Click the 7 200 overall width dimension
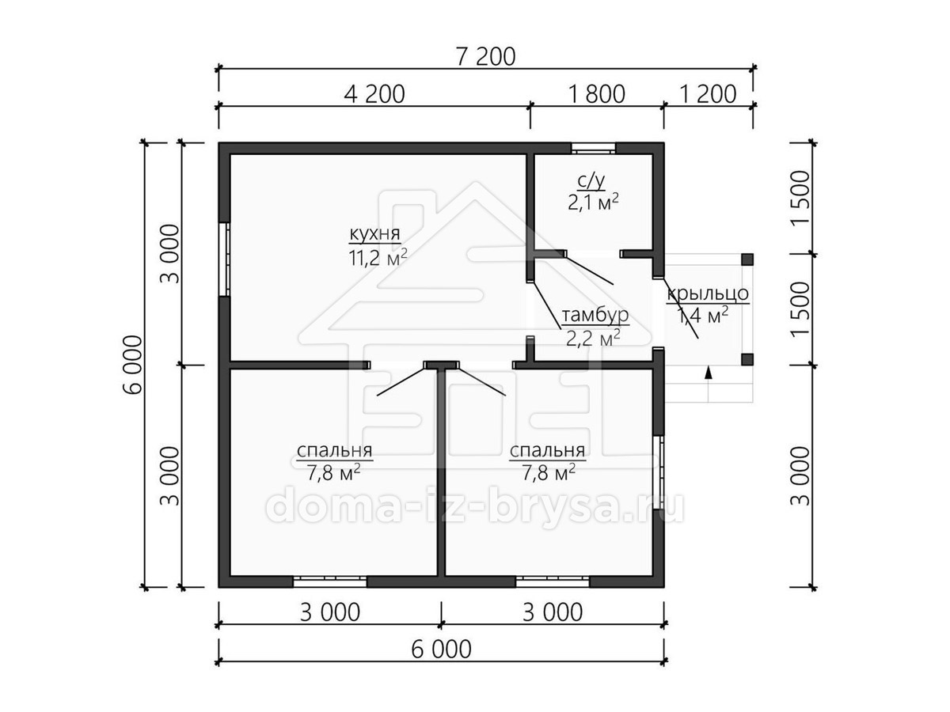pyautogui.click(x=485, y=57)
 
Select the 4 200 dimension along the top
pyautogui.click(x=374, y=94)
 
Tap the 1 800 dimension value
pyautogui.click(x=597, y=94)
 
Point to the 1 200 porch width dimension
pyautogui.click(x=709, y=94)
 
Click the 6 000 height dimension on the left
pyautogui.click(x=133, y=365)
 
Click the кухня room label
pyautogui.click(x=374, y=234)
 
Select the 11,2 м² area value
pyautogui.click(x=378, y=258)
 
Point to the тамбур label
pyautogui.click(x=595, y=315)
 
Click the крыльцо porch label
pyautogui.click(x=708, y=294)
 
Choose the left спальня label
pyautogui.click(x=335, y=450)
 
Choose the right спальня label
pyautogui.click(x=548, y=450)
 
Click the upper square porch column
pyautogui.click(x=747, y=259)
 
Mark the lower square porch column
pyautogui.click(x=747, y=359)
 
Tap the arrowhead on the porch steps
pyautogui.click(x=708, y=373)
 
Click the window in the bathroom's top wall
pyautogui.click(x=593, y=148)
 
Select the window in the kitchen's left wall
pyautogui.click(x=224, y=259)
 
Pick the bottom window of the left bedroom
pyautogui.click(x=330, y=581)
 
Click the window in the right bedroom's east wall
pyautogui.click(x=659, y=472)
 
